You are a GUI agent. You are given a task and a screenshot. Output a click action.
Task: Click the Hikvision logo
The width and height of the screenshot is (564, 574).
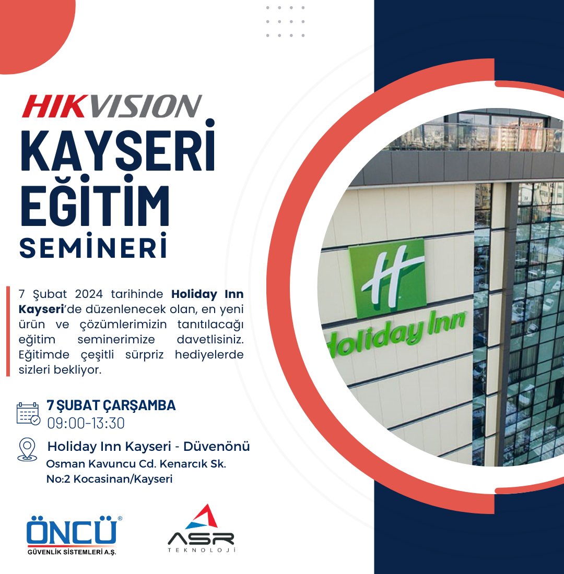pos(111,106)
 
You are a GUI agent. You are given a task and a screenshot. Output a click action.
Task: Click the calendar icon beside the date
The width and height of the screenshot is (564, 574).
pos(28,413)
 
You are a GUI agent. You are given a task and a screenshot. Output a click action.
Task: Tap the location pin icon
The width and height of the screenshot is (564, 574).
pos(27,449)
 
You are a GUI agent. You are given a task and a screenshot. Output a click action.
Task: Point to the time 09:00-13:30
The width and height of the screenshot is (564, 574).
pos(86,423)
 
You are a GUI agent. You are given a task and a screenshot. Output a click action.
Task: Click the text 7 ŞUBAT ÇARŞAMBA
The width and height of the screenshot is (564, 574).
pos(111,405)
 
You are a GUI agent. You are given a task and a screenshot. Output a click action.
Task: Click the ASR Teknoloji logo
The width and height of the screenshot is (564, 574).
pos(201,528)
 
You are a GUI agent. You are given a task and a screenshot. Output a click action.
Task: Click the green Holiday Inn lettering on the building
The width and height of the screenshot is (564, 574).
pos(397,334)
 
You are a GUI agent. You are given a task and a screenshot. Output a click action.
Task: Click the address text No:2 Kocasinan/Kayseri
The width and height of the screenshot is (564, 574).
pos(109,479)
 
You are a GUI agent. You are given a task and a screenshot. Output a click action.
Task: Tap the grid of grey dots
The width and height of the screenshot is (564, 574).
pos(286,22)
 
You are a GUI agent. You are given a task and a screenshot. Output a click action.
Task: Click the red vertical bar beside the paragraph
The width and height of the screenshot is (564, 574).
pos(8,331)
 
